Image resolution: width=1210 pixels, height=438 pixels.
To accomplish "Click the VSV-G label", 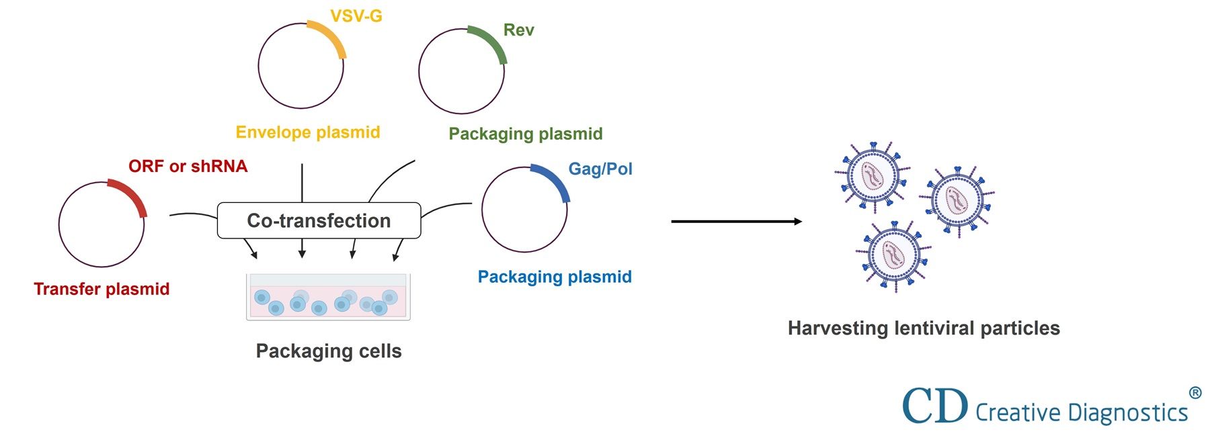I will [356, 16].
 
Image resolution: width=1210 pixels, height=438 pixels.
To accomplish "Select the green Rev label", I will [518, 30].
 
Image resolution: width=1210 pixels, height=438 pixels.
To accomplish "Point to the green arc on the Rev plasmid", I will [491, 42].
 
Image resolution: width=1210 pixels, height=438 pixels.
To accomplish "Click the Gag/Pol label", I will [600, 169].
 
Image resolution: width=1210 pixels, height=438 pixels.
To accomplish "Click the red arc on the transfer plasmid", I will [131, 195].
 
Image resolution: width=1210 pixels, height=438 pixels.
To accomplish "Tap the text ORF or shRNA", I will [188, 166].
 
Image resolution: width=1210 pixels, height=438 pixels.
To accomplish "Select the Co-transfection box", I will [319, 220].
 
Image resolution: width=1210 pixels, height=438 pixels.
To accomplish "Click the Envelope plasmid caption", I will [308, 132].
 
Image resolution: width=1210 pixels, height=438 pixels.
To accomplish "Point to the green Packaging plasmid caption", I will [525, 134].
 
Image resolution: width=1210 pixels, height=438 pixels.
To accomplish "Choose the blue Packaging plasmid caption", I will [554, 277].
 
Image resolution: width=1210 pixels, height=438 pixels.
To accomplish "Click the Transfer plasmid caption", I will [102, 289].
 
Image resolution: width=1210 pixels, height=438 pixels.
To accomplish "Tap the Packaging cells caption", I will [328, 351].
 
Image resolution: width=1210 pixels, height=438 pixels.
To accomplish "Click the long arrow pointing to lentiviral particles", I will [735, 221].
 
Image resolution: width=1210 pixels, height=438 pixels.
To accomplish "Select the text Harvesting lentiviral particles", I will [923, 328].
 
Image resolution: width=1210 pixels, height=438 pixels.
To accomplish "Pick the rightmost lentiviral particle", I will [957, 199].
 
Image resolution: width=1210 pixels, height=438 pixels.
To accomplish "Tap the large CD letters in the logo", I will [934, 406].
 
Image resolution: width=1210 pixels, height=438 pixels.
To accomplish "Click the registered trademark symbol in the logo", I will [1195, 393].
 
